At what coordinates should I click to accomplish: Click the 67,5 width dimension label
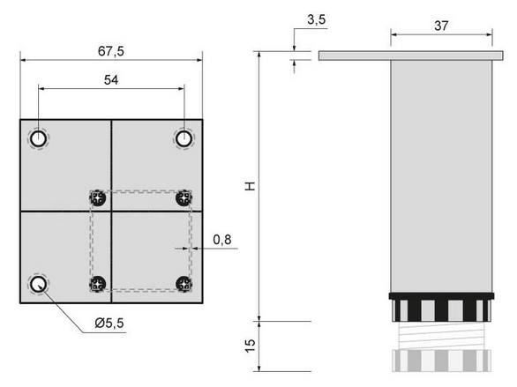coord(111,51)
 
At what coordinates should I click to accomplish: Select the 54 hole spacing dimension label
coord(111,80)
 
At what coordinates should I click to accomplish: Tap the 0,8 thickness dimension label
coord(222,240)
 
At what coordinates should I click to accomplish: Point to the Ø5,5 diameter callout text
coord(109,324)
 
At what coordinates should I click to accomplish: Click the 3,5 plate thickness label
coord(317,19)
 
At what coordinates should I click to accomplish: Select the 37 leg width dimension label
coord(441,26)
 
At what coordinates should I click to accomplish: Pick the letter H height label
coord(251,186)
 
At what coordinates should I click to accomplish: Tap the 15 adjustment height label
coord(251,346)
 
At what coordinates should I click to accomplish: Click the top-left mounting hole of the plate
coord(38,138)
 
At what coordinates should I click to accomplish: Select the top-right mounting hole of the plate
coord(184,138)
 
